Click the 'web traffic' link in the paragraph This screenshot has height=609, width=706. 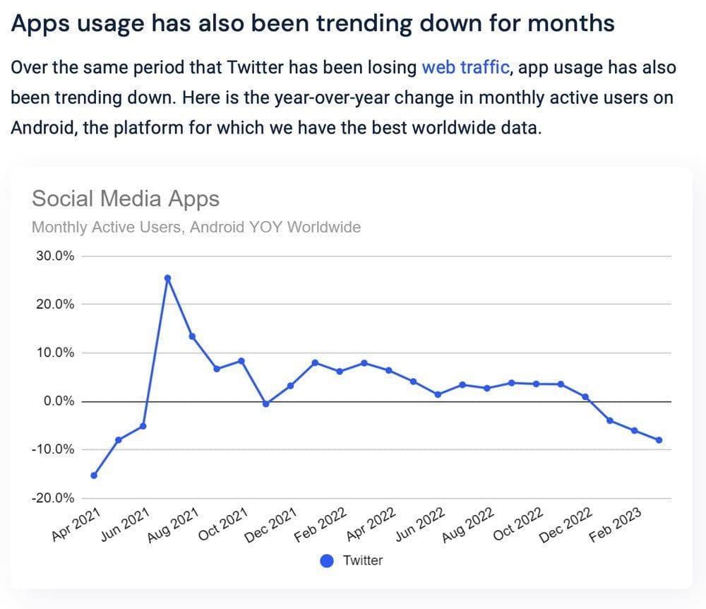pyautogui.click(x=465, y=67)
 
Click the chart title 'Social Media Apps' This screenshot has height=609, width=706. pyautogui.click(x=126, y=199)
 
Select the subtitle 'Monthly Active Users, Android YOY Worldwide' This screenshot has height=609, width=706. pyautogui.click(x=196, y=227)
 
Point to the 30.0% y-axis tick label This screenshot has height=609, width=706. pyautogui.click(x=55, y=256)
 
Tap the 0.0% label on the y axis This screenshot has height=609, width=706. pyautogui.click(x=58, y=401)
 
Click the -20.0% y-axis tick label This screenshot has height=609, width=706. pyautogui.click(x=54, y=498)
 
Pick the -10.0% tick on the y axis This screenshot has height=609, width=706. pyautogui.click(x=54, y=449)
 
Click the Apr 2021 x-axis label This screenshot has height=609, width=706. pyautogui.click(x=77, y=524)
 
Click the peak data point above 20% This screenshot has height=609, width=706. pyautogui.click(x=167, y=278)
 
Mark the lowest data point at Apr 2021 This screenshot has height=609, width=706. pyautogui.click(x=94, y=475)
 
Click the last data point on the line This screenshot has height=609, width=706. pyautogui.click(x=659, y=440)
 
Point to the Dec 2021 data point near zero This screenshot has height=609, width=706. pyautogui.click(x=265, y=404)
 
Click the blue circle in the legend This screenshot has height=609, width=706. pyautogui.click(x=327, y=561)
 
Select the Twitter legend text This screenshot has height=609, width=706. pyautogui.click(x=363, y=561)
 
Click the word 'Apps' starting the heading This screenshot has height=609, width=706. pyautogui.click(x=35, y=23)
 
